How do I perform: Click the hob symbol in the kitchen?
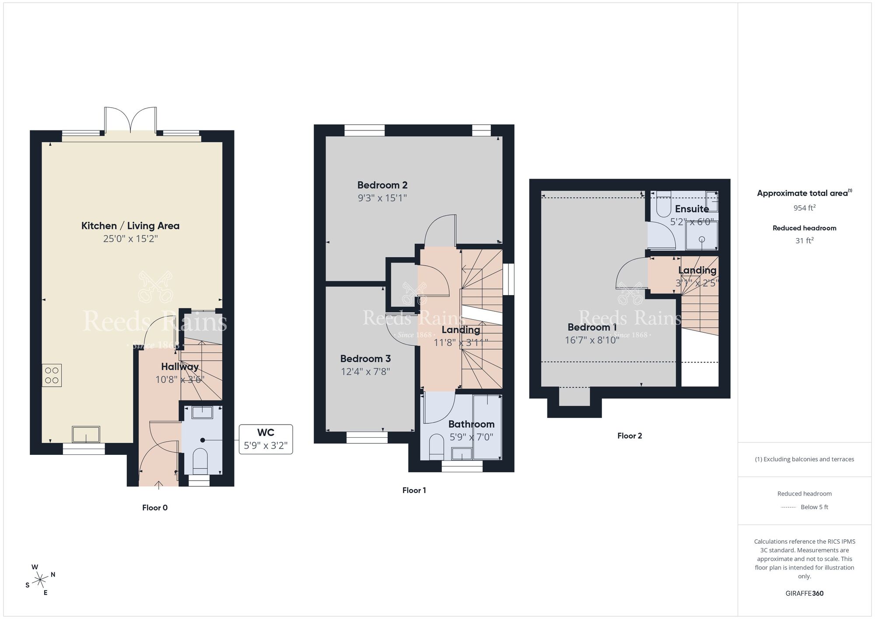pos(52,375)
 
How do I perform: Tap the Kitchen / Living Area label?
pos(130,226)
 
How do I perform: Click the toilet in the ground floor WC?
pos(200,461)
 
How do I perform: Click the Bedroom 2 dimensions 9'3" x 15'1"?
pos(382,198)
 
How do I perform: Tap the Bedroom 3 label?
pos(365,359)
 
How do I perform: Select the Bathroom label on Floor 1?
pos(471,424)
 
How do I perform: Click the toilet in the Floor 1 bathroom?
pos(436,447)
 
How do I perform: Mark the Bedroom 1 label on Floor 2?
pos(592,327)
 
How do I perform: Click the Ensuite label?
pos(692,209)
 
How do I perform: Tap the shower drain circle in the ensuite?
pos(702,239)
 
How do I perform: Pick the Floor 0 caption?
pos(155,508)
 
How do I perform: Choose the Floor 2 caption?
pos(630,436)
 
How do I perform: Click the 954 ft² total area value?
pos(804,208)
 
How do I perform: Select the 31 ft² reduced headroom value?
pos(804,241)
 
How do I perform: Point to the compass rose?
pos(41,580)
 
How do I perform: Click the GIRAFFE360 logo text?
pos(804,594)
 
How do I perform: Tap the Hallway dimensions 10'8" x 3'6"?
pos(180,380)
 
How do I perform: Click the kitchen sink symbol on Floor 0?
pos(86,435)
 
